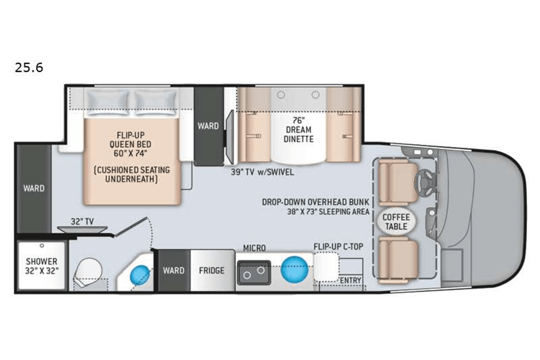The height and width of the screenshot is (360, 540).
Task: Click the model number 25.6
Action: click(29, 67)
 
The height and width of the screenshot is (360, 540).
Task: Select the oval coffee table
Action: click(396, 222)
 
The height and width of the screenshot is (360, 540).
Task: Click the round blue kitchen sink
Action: click(294, 269)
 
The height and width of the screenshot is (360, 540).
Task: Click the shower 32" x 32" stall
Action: click(42, 266)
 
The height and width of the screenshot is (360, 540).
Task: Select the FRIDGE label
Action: click(211, 270)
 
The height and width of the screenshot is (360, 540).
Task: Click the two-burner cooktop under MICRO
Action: click(254, 273)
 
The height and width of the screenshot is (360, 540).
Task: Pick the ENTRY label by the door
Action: click(350, 280)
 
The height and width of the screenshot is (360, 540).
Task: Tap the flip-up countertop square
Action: click(326, 267)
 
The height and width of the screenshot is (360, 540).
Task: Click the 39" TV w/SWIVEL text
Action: click(263, 172)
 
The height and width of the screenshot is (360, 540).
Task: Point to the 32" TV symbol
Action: click(82, 229)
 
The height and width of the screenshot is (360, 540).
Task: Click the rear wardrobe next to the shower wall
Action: click(34, 189)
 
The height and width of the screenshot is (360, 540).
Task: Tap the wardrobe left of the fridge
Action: click(173, 270)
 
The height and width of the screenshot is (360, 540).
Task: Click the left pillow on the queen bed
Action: click(107, 102)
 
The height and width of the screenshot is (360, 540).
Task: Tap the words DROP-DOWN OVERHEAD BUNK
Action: click(315, 202)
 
